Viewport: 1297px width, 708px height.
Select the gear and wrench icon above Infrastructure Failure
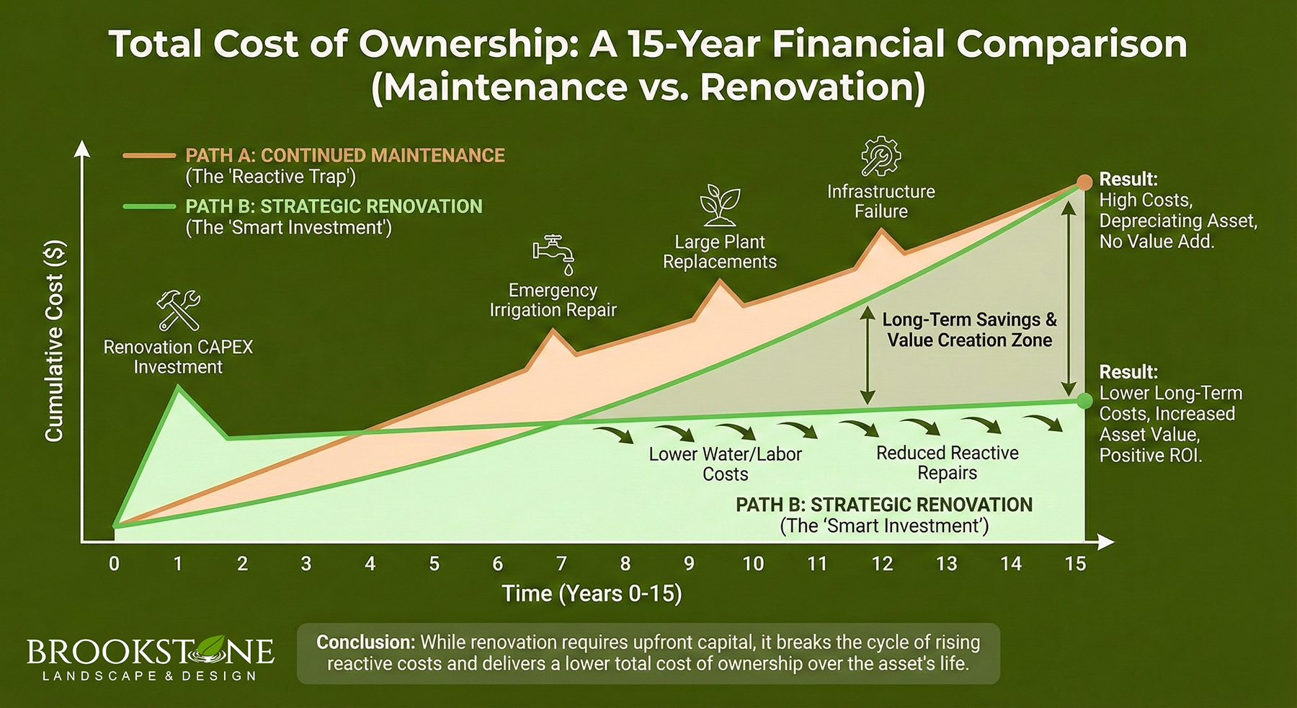click(x=881, y=156)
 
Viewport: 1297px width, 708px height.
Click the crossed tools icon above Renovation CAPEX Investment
click(x=178, y=310)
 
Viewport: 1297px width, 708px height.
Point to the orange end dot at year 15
click(x=1084, y=182)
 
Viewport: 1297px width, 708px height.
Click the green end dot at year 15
click(x=1084, y=401)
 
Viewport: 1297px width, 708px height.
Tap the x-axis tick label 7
click(x=561, y=564)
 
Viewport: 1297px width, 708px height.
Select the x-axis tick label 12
click(x=882, y=564)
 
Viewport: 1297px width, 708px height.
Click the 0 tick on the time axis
click(x=114, y=564)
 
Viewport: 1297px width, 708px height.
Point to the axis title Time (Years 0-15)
click(x=592, y=593)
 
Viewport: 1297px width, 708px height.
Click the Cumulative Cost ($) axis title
click(x=55, y=340)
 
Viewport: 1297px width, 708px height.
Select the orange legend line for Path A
click(x=149, y=156)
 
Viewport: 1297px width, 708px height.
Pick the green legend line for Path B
click(x=149, y=207)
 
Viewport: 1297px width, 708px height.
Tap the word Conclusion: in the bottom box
click(x=365, y=642)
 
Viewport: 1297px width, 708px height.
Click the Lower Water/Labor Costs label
click(x=725, y=464)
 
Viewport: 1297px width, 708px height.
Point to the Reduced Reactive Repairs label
click(x=947, y=463)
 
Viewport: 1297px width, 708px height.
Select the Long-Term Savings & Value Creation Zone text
click(x=969, y=329)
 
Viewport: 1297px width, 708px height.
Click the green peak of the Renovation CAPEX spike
click(x=179, y=387)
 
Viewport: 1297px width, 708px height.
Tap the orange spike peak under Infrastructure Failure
click(x=881, y=231)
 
